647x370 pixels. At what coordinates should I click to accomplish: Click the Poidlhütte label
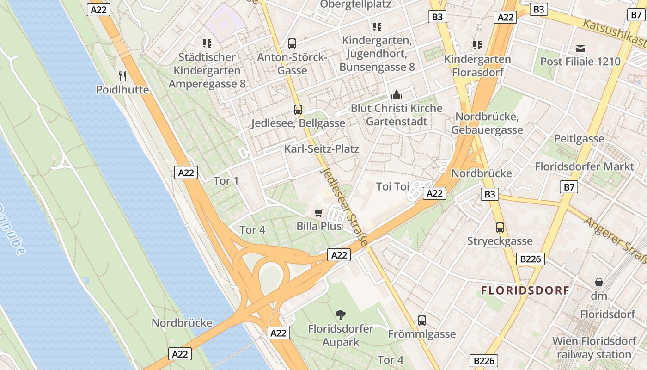pos(122,89)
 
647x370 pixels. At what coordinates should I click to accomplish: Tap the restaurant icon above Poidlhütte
pos(122,76)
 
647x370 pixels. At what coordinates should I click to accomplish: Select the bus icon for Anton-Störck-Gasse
pos(292,43)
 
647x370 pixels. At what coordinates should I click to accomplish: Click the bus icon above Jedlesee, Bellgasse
pos(298,110)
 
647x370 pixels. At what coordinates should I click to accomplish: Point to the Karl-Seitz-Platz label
pos(322,149)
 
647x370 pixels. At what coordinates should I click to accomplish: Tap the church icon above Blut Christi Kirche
pos(396,95)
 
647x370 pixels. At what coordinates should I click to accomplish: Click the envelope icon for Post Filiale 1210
pos(580,48)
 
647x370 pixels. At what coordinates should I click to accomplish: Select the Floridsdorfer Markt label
pos(585,166)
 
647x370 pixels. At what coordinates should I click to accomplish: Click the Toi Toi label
pos(393,186)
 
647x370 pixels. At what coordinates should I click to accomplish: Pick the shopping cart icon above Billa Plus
pos(318,213)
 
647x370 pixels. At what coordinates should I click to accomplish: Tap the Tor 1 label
pos(226,180)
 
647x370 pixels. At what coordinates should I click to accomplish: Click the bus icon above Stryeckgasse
pos(500,228)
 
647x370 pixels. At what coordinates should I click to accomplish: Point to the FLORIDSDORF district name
pos(525,291)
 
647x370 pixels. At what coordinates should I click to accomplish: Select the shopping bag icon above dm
pos(599,282)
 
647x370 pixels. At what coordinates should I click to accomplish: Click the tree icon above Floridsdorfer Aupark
pos(341,315)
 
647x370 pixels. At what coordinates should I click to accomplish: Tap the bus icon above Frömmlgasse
pos(422,320)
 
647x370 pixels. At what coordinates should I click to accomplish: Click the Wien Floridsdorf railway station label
pos(594,348)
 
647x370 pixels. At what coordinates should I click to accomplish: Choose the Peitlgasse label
pos(579,138)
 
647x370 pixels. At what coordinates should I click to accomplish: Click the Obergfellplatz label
pos(355,5)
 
